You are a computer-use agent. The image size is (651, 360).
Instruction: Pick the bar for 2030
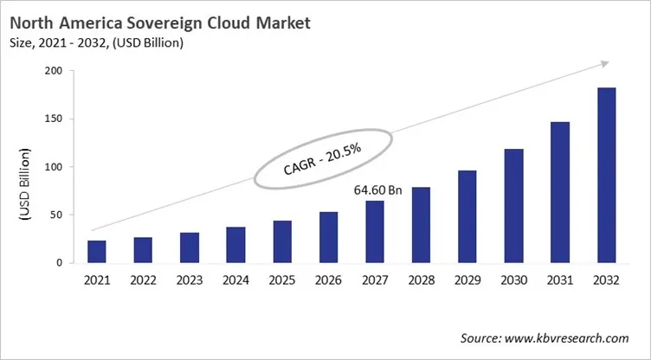click(514, 205)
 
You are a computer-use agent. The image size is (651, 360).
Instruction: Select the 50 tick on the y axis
click(61, 215)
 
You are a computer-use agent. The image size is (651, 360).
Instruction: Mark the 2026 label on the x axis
click(328, 279)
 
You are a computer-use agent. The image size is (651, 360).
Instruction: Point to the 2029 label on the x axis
click(467, 279)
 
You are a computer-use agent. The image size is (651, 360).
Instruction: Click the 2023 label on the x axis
click(190, 279)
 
